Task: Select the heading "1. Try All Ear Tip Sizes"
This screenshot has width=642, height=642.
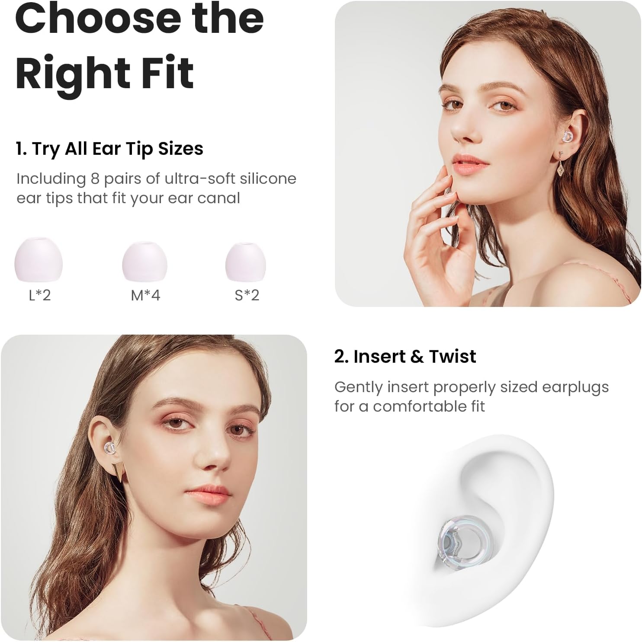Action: (109, 149)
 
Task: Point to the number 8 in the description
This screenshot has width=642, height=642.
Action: (95, 179)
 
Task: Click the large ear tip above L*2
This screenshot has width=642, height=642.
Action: (39, 259)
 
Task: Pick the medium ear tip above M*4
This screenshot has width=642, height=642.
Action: (144, 261)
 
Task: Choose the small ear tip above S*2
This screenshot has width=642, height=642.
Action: (246, 262)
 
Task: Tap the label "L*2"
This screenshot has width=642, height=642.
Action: (40, 295)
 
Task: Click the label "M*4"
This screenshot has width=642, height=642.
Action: (145, 295)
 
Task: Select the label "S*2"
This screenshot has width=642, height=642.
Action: (247, 295)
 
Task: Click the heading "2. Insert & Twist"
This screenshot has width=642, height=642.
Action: (405, 357)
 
